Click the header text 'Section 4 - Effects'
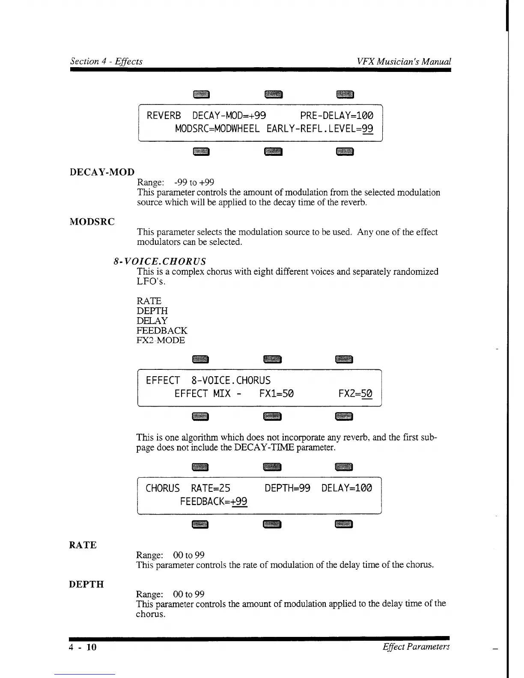click(x=106, y=61)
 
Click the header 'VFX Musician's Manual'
click(x=404, y=61)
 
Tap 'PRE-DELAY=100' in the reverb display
click(x=336, y=116)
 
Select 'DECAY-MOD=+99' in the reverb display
click(x=229, y=116)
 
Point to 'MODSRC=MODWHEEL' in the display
click(x=217, y=128)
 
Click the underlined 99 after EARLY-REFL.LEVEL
click(x=367, y=128)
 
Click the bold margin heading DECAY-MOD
click(x=102, y=172)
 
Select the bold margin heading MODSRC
click(x=92, y=222)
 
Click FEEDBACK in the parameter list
click(x=162, y=330)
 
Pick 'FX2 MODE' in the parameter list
click(x=161, y=340)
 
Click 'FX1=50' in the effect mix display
click(x=277, y=393)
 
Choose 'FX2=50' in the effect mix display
click(x=355, y=393)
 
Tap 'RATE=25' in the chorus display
click(x=211, y=488)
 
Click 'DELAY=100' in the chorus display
click(x=347, y=488)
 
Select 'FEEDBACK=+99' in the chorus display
click(x=214, y=501)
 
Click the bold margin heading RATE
click(x=83, y=545)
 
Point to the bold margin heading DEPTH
click(x=86, y=584)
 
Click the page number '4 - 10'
click(x=83, y=647)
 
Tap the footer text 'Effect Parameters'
click(x=416, y=647)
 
